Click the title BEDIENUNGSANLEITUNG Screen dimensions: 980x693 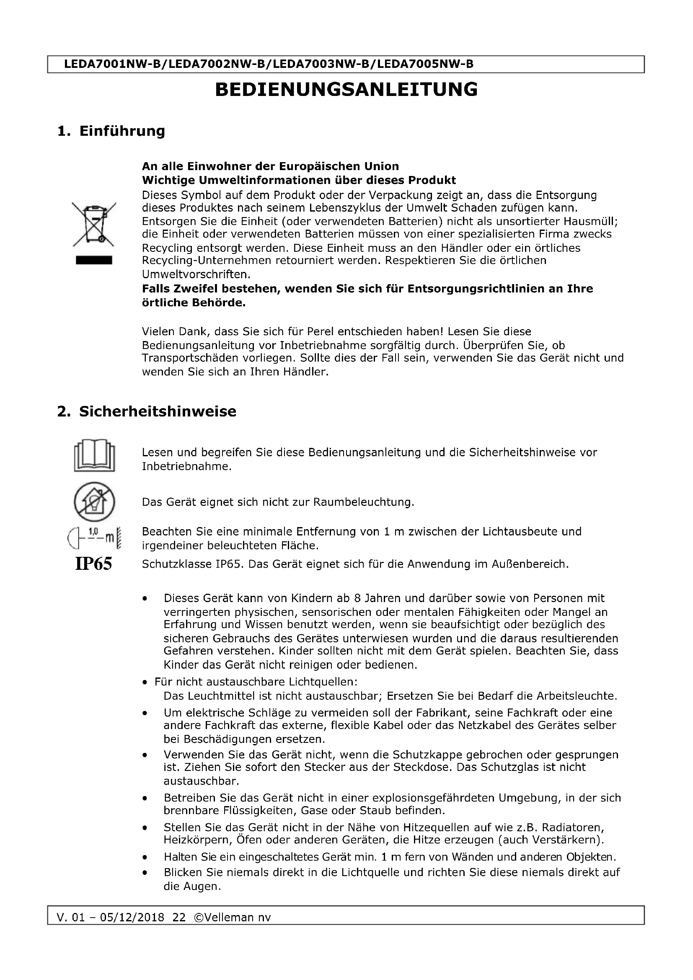pyautogui.click(x=346, y=90)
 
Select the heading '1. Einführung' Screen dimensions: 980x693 pyautogui.click(x=111, y=131)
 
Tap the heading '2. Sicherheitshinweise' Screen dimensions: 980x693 pyautogui.click(x=147, y=411)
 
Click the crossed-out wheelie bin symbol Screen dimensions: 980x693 pyautogui.click(x=93, y=225)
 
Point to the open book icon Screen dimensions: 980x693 pyautogui.click(x=94, y=456)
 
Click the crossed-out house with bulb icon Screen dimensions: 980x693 pyautogui.click(x=94, y=502)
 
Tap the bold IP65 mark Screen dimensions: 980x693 pyautogui.click(x=93, y=564)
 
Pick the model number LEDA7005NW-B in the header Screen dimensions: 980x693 pyautogui.click(x=425, y=65)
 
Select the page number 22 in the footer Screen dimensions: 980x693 pyautogui.click(x=179, y=917)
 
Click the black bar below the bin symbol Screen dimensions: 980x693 pyautogui.click(x=94, y=260)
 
